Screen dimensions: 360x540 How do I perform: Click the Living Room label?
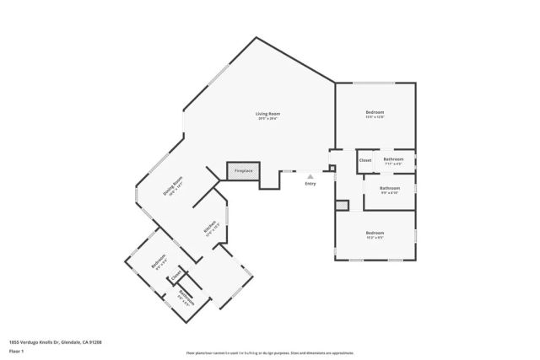268,113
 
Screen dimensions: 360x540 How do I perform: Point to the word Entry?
310,183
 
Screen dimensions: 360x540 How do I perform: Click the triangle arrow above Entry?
310,175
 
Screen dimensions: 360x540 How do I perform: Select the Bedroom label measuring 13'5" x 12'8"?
375,112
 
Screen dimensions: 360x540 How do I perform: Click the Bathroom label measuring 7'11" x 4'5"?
393,159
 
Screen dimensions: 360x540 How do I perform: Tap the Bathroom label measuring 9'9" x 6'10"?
389,188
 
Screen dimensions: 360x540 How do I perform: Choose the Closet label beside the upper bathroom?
365,159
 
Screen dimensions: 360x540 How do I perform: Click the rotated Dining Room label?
174,185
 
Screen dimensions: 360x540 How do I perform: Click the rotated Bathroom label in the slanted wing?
186,294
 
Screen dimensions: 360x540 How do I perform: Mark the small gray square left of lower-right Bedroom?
342,205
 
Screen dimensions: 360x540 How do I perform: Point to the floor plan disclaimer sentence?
270,353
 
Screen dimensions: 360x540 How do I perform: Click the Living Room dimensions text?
268,118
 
